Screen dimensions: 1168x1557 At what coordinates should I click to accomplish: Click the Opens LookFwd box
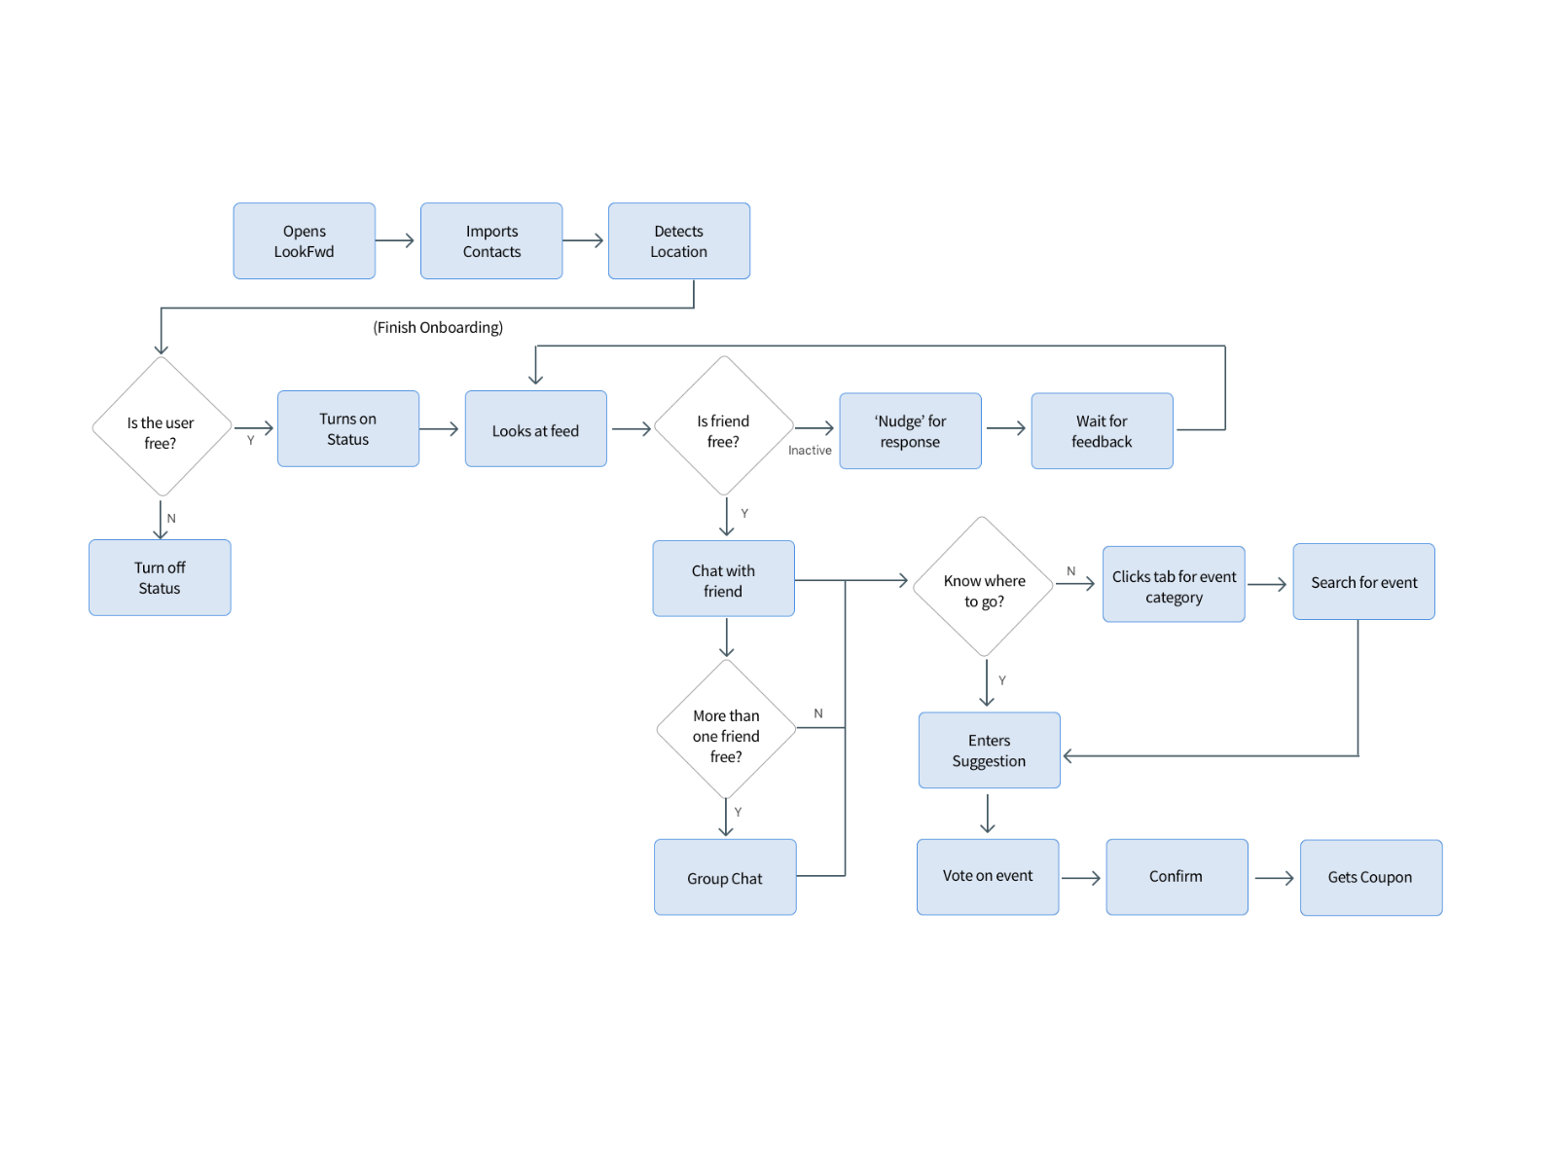tap(304, 241)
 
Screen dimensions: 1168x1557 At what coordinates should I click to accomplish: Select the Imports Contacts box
tap(491, 241)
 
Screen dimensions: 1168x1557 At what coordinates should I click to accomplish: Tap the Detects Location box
tap(678, 241)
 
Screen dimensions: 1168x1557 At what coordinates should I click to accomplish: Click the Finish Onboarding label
tap(438, 327)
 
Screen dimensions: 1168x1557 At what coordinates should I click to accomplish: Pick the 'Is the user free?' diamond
tap(162, 428)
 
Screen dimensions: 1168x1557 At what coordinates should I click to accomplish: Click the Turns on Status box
tap(348, 429)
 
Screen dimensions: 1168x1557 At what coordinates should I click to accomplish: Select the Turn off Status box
tap(160, 577)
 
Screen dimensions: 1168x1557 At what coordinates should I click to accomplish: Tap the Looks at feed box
tap(535, 429)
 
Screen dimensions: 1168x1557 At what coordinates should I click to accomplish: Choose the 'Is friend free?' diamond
tap(724, 427)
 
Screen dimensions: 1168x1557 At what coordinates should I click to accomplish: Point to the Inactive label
tap(810, 451)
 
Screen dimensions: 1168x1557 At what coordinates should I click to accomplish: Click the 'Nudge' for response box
tap(910, 431)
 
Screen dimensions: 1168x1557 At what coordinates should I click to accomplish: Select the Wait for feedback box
tap(1102, 431)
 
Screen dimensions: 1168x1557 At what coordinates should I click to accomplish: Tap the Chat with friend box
tap(723, 579)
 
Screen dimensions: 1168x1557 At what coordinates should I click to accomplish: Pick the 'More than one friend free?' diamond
tap(726, 731)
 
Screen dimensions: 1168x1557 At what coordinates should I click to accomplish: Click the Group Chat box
tap(725, 877)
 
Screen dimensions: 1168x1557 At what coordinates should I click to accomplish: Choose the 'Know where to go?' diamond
tap(984, 587)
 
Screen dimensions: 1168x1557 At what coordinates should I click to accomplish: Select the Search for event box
tap(1363, 582)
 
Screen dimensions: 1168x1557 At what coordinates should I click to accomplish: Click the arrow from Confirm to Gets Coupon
tap(1274, 878)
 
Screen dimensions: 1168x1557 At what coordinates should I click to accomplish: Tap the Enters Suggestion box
tap(989, 750)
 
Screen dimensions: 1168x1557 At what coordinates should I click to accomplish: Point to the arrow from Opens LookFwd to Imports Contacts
tap(395, 240)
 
